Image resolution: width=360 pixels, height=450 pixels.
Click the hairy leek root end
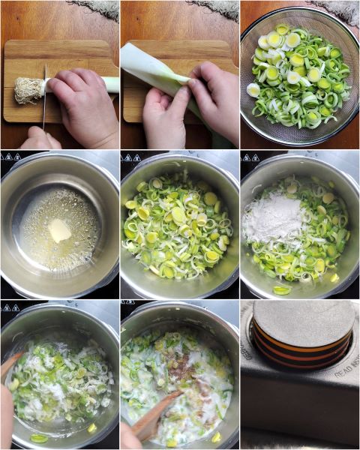pyautogui.click(x=28, y=91)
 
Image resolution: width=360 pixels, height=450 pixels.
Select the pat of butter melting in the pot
pyautogui.click(x=59, y=230)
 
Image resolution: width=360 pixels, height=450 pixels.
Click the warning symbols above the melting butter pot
pyautogui.click(x=10, y=156)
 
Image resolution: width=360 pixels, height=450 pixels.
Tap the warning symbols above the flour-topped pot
pyautogui.click(x=250, y=156)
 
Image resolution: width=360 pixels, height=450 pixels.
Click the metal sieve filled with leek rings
pyautogui.click(x=299, y=78)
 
